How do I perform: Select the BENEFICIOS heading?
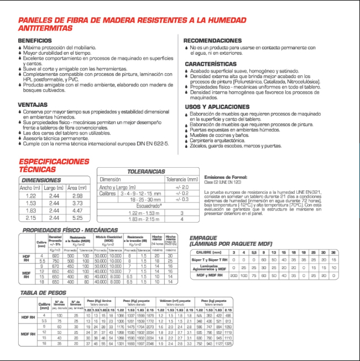[35, 41]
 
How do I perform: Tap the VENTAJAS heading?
[32, 104]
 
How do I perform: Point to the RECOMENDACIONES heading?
[212, 41]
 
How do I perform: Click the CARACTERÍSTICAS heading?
[211, 64]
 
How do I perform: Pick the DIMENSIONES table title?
[41, 180]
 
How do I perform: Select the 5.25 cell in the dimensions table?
[77, 218]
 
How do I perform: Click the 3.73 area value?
[77, 203]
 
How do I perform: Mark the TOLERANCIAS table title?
[146, 172]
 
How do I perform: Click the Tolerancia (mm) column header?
[182, 179]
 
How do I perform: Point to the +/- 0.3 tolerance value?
[182, 199]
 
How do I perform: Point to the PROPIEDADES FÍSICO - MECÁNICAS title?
[69, 230]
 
